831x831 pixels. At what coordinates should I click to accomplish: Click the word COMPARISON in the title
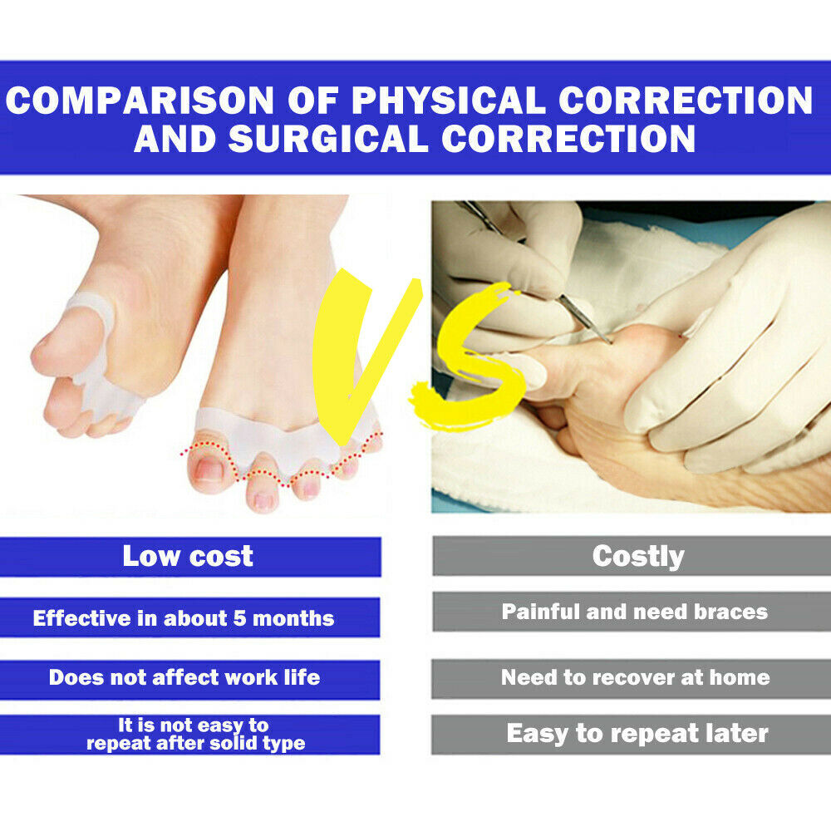[x=140, y=101]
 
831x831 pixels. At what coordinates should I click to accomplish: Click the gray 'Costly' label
[x=638, y=556]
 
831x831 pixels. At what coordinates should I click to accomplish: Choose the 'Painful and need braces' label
[x=635, y=612]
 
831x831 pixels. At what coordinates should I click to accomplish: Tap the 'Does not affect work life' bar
[x=184, y=677]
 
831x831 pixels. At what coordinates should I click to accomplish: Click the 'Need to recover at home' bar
[x=635, y=677]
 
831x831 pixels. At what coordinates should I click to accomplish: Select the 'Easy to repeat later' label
[x=637, y=734]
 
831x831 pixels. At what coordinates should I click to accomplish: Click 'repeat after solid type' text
[x=196, y=743]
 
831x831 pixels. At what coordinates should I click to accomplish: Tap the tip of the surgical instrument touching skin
[x=611, y=341]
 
